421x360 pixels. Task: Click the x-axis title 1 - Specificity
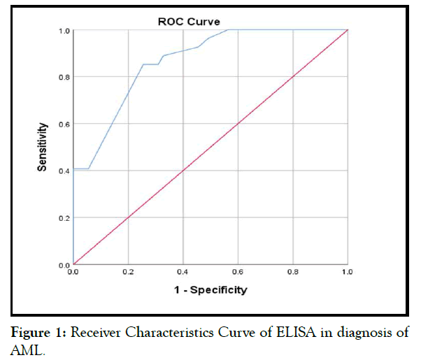pos(209,289)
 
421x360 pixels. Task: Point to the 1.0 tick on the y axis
pos(64,31)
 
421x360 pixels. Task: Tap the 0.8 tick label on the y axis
pos(64,77)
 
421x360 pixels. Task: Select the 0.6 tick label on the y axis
pos(64,124)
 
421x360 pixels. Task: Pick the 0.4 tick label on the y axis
pos(64,171)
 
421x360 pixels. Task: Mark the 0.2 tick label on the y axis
pos(64,218)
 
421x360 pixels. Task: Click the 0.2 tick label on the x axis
pos(128,272)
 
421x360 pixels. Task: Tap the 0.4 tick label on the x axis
pos(183,272)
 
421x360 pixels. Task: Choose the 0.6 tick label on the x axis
pos(238,272)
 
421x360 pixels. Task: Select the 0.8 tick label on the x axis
pos(292,272)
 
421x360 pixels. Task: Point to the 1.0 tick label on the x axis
pos(346,272)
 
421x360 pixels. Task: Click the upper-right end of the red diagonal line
pos(348,30)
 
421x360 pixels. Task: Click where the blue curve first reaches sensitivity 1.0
pos(229,30)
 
